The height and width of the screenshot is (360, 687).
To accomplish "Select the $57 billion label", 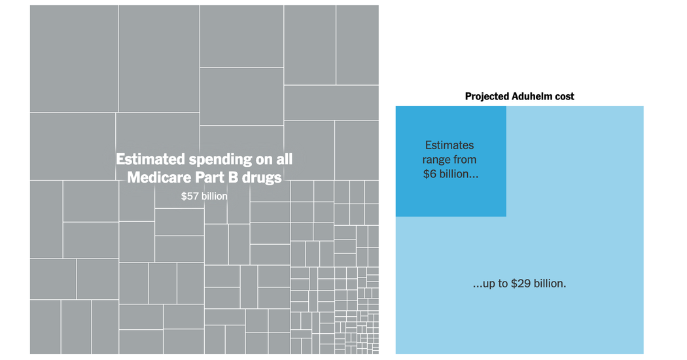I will tap(204, 196).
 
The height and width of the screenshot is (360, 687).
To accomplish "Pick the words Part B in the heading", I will tap(217, 177).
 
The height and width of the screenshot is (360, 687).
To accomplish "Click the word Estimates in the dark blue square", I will tap(449, 145).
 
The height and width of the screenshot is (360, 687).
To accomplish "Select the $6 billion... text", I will tap(450, 174).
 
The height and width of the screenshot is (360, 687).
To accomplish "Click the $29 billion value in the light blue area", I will tap(540, 284).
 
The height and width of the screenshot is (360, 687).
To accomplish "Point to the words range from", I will tap(449, 160).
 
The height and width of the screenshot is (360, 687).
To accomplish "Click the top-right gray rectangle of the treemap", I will tap(357, 45).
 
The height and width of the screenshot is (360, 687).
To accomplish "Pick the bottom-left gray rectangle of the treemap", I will tap(45, 327).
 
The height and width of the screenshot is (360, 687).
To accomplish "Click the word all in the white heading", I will tap(283, 159).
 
